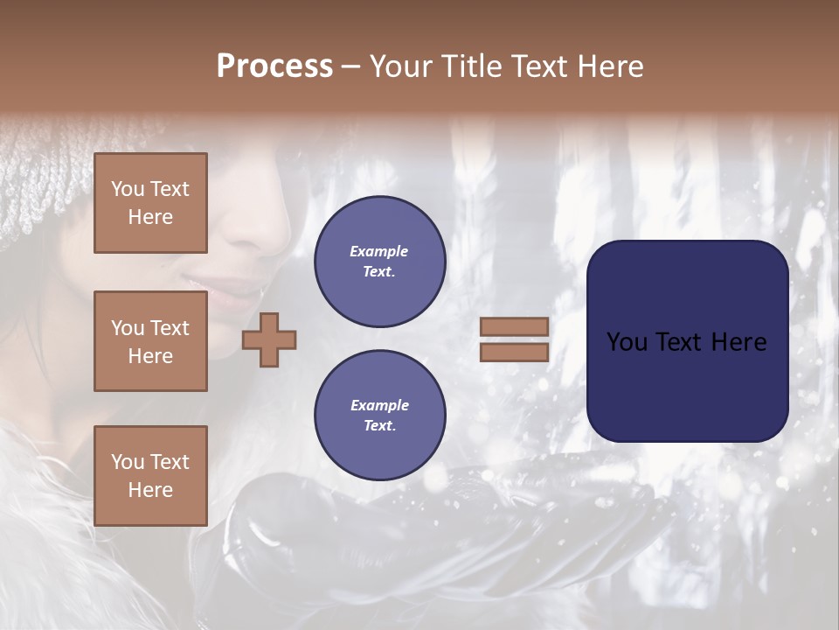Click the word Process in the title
tap(274, 66)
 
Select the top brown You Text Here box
tap(150, 203)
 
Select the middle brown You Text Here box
tap(150, 341)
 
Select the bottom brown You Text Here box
tap(150, 476)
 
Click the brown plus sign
tap(269, 339)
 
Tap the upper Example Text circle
tap(379, 262)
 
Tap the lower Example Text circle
tap(379, 416)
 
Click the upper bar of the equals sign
tap(514, 327)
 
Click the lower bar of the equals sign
tap(514, 353)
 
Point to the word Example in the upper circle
tap(379, 251)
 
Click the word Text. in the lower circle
tap(379, 425)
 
